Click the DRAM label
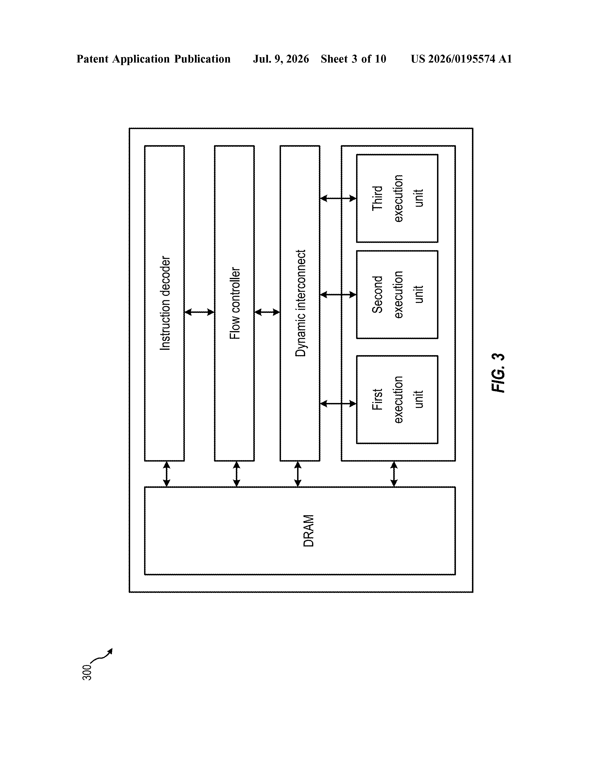(x=308, y=531)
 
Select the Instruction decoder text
(x=165, y=303)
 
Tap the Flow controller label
(x=235, y=303)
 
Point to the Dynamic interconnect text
(x=300, y=303)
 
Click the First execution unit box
(x=397, y=399)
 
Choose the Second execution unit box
(x=397, y=294)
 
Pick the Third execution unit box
(x=397, y=198)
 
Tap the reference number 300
(x=87, y=673)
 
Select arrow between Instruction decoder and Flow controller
(x=199, y=312)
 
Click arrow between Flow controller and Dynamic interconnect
(x=267, y=312)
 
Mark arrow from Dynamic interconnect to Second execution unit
(x=338, y=294)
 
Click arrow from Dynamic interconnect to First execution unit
(x=338, y=404)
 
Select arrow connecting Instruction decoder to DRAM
(x=167, y=474)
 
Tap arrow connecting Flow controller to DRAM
(x=237, y=474)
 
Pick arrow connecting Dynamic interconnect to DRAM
(x=298, y=474)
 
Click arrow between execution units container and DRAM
(x=394, y=474)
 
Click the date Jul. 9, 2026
(x=281, y=59)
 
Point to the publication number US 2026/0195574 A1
(x=461, y=59)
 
